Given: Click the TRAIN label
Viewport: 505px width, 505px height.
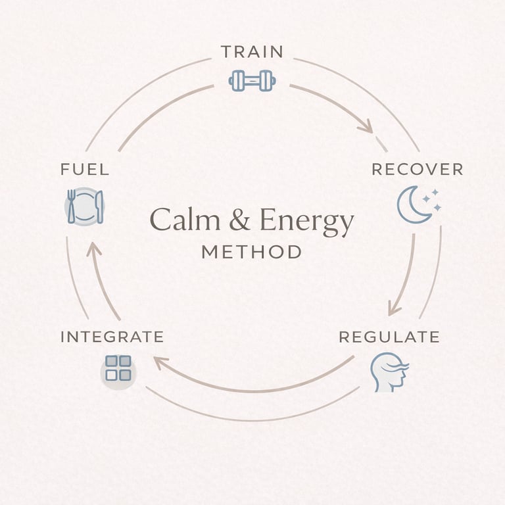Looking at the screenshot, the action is click(x=252, y=52).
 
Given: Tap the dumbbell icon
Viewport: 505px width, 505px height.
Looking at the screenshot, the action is click(x=252, y=81).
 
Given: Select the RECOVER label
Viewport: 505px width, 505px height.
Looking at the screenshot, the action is click(x=417, y=169).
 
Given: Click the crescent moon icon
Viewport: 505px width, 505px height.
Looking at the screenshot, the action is click(x=413, y=204).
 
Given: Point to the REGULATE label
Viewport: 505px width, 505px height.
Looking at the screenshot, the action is click(x=389, y=337).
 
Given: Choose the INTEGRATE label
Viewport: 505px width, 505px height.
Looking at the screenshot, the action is click(x=112, y=337).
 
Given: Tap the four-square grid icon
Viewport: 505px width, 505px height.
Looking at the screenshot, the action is click(x=118, y=368).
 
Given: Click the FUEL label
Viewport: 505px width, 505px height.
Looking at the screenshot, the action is click(x=85, y=169).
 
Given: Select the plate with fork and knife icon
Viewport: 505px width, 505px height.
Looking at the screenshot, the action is click(x=85, y=206).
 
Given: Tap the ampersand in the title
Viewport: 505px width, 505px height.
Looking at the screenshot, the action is click(x=239, y=220).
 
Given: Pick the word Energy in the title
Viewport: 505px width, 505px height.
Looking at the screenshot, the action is click(x=306, y=222).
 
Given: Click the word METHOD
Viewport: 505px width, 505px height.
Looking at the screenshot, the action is click(x=252, y=252).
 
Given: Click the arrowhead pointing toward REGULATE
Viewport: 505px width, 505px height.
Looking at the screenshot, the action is click(x=395, y=308).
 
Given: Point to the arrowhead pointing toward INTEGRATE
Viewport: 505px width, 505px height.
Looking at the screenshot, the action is click(x=160, y=362).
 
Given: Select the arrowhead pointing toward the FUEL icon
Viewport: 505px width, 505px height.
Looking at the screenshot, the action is click(x=93, y=249).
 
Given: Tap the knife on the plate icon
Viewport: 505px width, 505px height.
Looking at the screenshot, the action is click(x=99, y=206).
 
